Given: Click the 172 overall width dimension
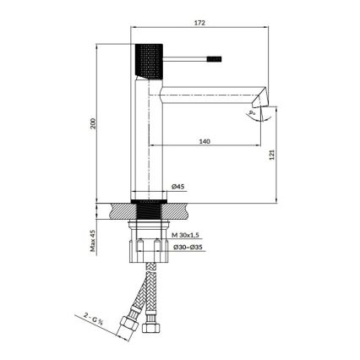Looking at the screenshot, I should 199,25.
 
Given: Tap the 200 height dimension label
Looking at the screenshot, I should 95,123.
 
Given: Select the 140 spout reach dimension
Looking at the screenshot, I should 205,141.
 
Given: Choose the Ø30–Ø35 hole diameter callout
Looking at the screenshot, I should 187,247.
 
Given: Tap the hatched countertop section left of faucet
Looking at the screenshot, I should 121,209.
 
